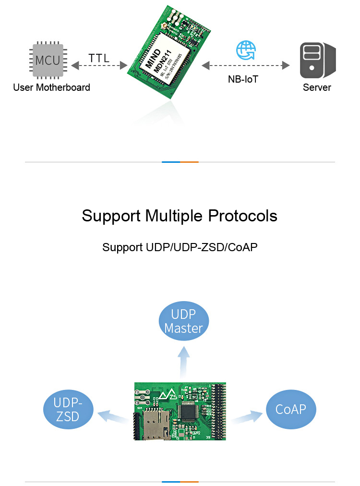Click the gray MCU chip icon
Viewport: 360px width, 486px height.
click(48, 61)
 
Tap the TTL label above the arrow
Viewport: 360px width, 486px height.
click(99, 58)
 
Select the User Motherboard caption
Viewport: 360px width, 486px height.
click(51, 87)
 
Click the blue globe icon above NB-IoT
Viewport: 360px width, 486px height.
click(246, 50)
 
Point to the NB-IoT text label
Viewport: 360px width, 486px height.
click(243, 79)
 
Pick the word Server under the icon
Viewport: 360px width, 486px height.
click(317, 87)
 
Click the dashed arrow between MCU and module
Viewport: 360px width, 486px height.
click(99, 65)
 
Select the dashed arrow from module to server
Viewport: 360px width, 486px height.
click(246, 65)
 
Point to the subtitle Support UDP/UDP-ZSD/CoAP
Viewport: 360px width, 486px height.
click(180, 248)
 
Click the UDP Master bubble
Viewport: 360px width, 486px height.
click(183, 321)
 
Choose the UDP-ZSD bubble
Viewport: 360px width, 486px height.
click(68, 409)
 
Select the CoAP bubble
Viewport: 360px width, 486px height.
click(291, 409)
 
